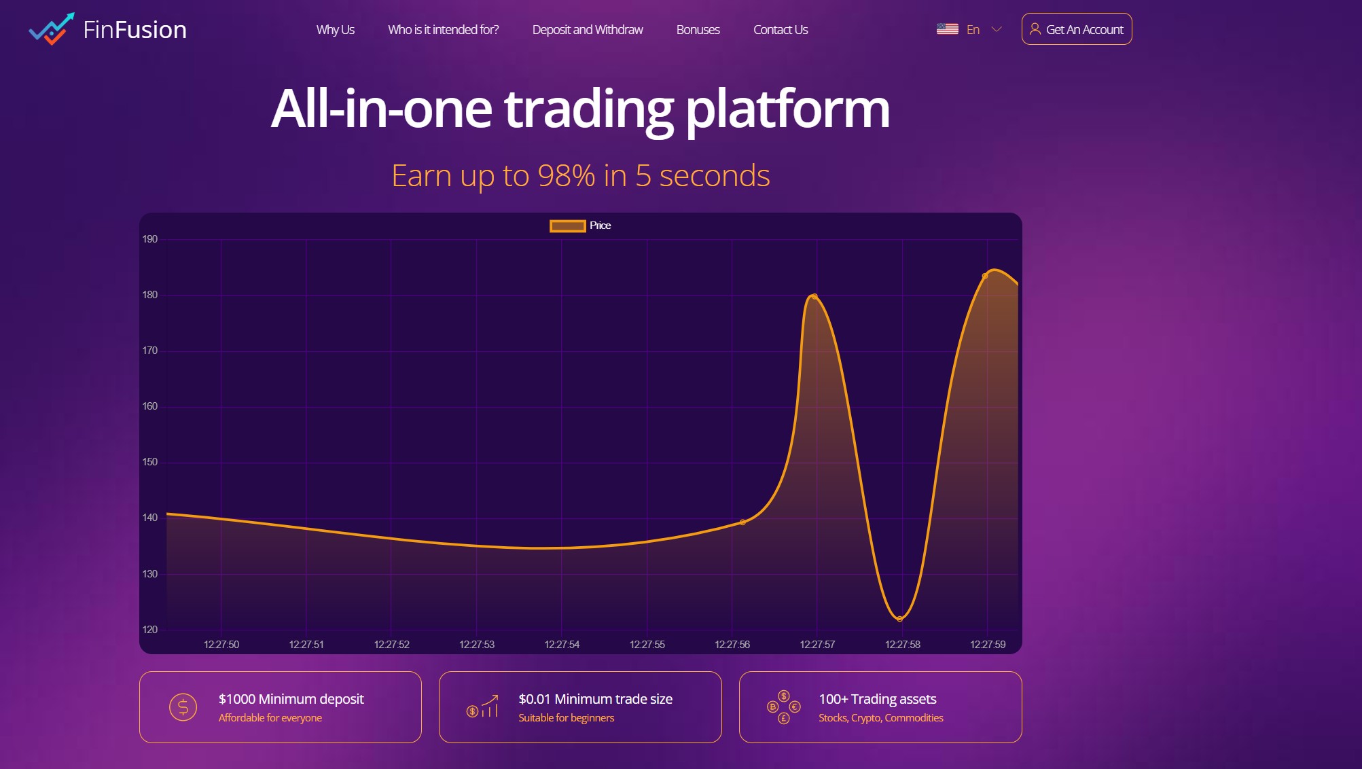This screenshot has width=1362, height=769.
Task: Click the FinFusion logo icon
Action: pos(52,29)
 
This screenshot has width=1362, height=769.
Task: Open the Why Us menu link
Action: pos(335,30)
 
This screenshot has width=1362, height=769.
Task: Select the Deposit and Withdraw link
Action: pos(587,30)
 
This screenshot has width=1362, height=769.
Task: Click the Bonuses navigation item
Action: pos(698,30)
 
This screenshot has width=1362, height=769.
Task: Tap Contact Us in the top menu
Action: pos(780,30)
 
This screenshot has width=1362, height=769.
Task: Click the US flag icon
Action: pos(947,29)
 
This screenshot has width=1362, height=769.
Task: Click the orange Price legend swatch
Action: pos(567,226)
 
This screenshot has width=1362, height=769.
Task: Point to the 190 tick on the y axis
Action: pos(150,239)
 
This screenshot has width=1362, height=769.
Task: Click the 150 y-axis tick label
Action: pos(150,462)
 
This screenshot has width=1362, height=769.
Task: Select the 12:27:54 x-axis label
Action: pos(562,644)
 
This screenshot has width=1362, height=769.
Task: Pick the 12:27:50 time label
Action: pos(221,644)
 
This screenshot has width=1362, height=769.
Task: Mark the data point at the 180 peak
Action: pos(814,296)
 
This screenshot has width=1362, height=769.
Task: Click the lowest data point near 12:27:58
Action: pos(899,619)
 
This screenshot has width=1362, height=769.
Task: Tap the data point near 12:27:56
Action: pos(742,522)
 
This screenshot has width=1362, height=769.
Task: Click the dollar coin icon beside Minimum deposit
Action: pos(183,707)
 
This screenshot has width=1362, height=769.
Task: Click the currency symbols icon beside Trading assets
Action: pos(783,707)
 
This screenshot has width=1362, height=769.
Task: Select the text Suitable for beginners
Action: pos(566,718)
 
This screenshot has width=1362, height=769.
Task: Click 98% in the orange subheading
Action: pos(566,176)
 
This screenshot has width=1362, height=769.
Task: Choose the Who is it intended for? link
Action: pos(443,30)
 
